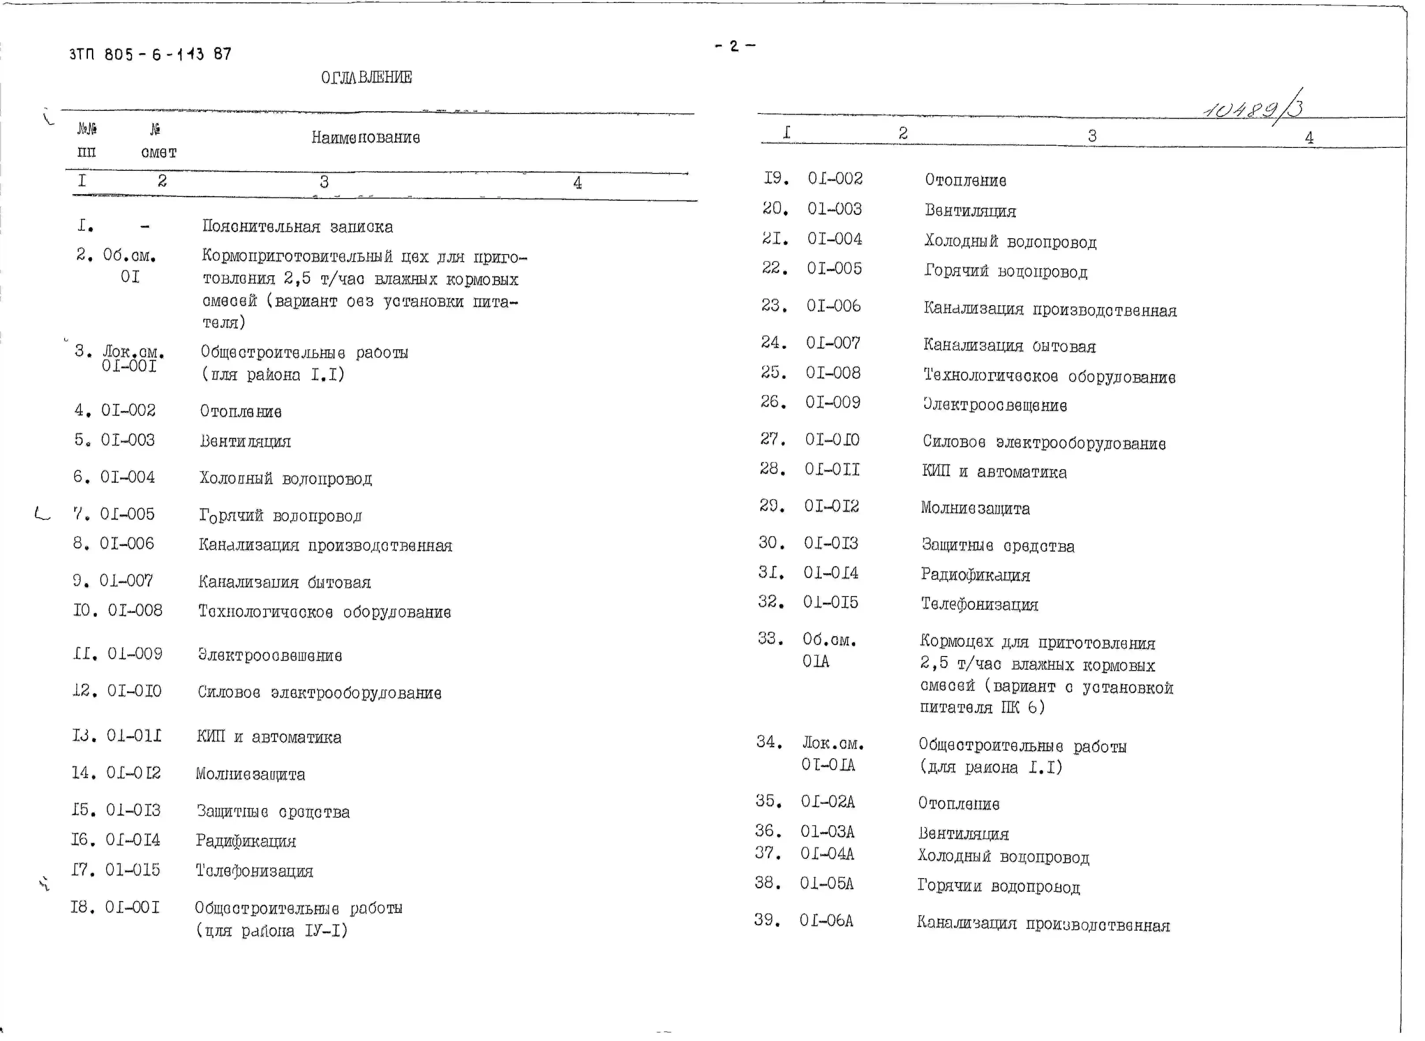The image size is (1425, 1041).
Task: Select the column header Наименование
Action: [366, 137]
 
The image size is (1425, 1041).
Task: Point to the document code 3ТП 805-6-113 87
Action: [150, 54]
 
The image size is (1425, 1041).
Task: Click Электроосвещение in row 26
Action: [994, 405]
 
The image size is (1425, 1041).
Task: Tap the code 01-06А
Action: [826, 921]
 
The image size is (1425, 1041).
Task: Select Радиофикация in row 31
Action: [975, 575]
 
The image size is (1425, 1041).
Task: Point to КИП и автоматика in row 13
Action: [269, 737]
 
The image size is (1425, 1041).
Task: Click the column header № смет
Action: [158, 141]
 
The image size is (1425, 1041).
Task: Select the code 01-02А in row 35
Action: [828, 801]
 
